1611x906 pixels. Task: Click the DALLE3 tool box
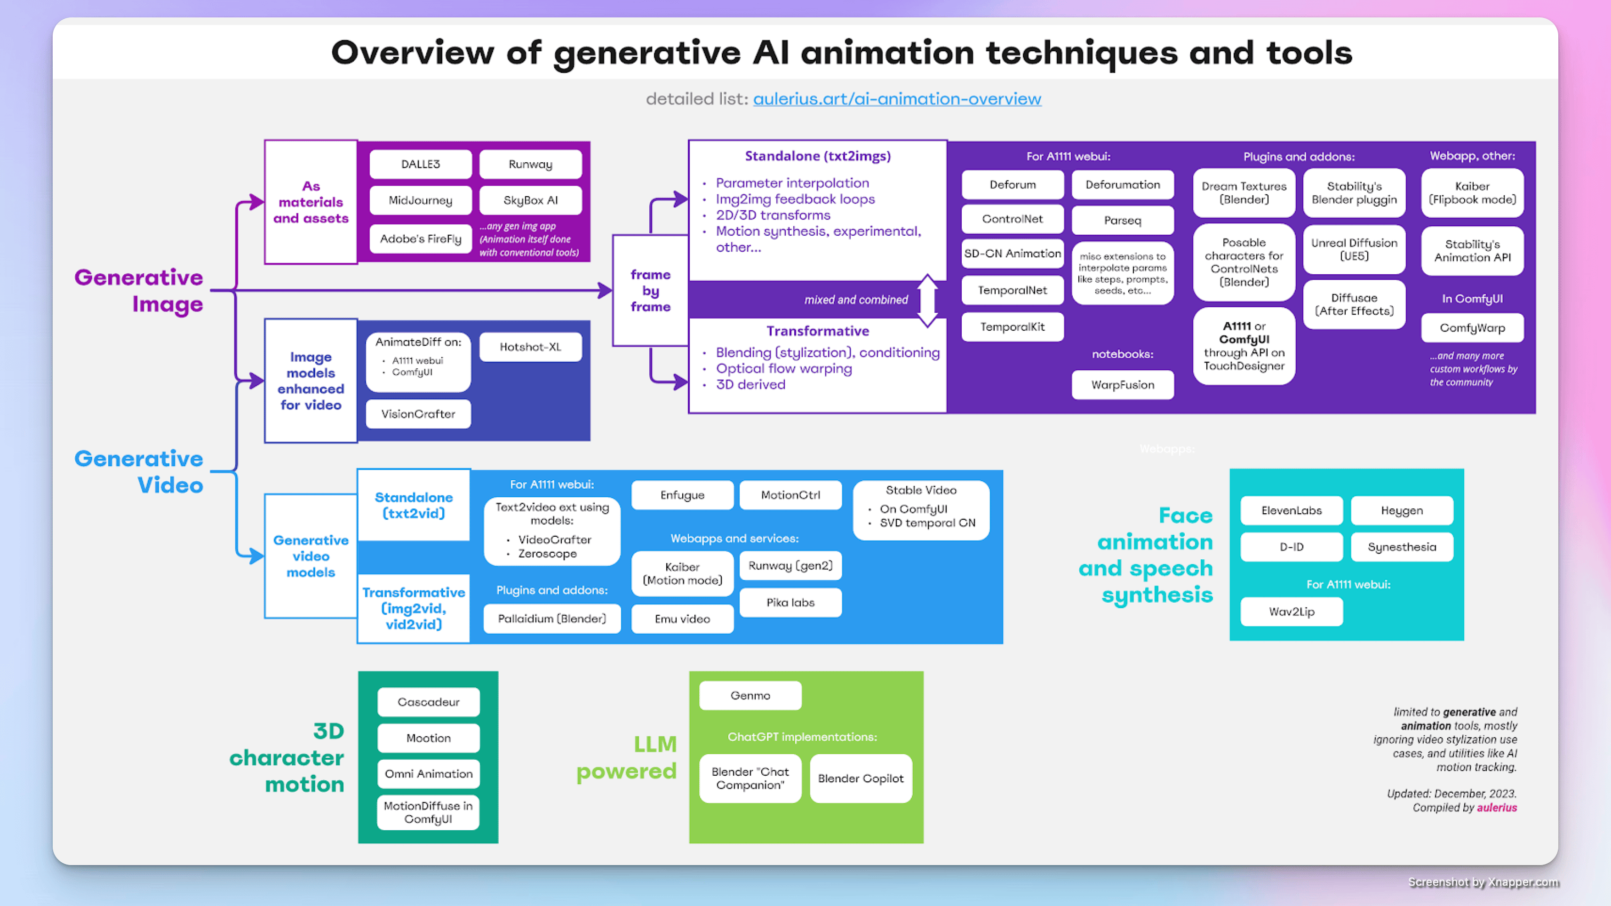tap(420, 164)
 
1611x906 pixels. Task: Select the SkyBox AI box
tap(530, 200)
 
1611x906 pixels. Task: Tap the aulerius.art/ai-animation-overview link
tap(897, 99)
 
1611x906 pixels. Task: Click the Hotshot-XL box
tap(530, 347)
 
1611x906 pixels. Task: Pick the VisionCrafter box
tap(418, 414)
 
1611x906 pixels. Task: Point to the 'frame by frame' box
tap(650, 291)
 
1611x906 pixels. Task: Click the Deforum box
tap(1013, 184)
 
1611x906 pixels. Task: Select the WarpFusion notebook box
tap(1123, 384)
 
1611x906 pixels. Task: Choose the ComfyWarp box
tap(1472, 327)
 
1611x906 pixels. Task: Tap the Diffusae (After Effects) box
tap(1354, 304)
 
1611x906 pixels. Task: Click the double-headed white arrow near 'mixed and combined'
tap(927, 300)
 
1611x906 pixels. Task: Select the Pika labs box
tap(790, 603)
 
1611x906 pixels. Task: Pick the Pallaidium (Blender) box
tap(551, 619)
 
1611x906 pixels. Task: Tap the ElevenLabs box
tap(1292, 510)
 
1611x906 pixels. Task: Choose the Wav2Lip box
tap(1292, 612)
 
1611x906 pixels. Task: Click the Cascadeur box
tap(428, 702)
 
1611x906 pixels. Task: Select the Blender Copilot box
tap(861, 779)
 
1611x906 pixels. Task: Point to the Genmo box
tap(750, 695)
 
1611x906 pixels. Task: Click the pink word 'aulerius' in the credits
tap(1497, 807)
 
